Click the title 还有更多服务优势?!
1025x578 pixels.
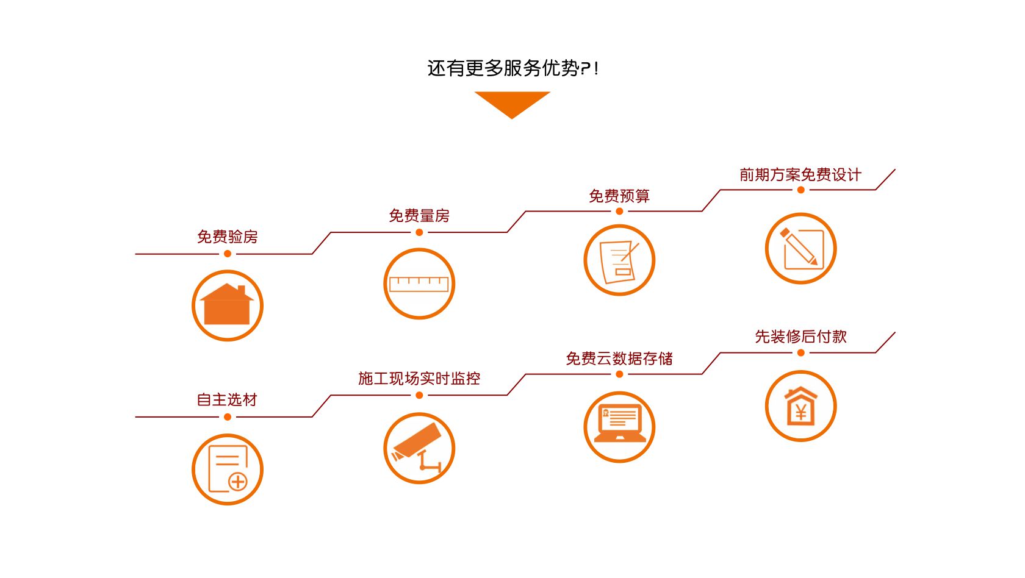(x=512, y=68)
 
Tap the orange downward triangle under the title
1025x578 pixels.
(x=512, y=102)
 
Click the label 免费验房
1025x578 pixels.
(x=227, y=237)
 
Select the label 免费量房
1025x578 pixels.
(x=419, y=216)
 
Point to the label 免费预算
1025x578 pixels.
(x=619, y=196)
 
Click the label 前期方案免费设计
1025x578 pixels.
(x=800, y=175)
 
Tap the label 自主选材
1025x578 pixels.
(x=227, y=400)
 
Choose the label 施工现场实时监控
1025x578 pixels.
(x=419, y=379)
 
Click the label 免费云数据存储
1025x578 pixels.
(x=619, y=359)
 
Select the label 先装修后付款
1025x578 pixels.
(x=800, y=337)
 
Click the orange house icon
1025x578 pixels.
(x=228, y=305)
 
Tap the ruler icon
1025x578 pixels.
(x=419, y=284)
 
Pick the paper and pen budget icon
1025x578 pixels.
(x=619, y=260)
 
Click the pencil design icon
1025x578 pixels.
(x=800, y=248)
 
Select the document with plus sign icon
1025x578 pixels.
(x=228, y=469)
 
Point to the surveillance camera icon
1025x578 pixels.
(x=419, y=448)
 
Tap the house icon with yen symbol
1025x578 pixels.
(x=800, y=406)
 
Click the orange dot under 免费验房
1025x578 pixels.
(x=228, y=254)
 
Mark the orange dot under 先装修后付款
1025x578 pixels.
(x=801, y=353)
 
